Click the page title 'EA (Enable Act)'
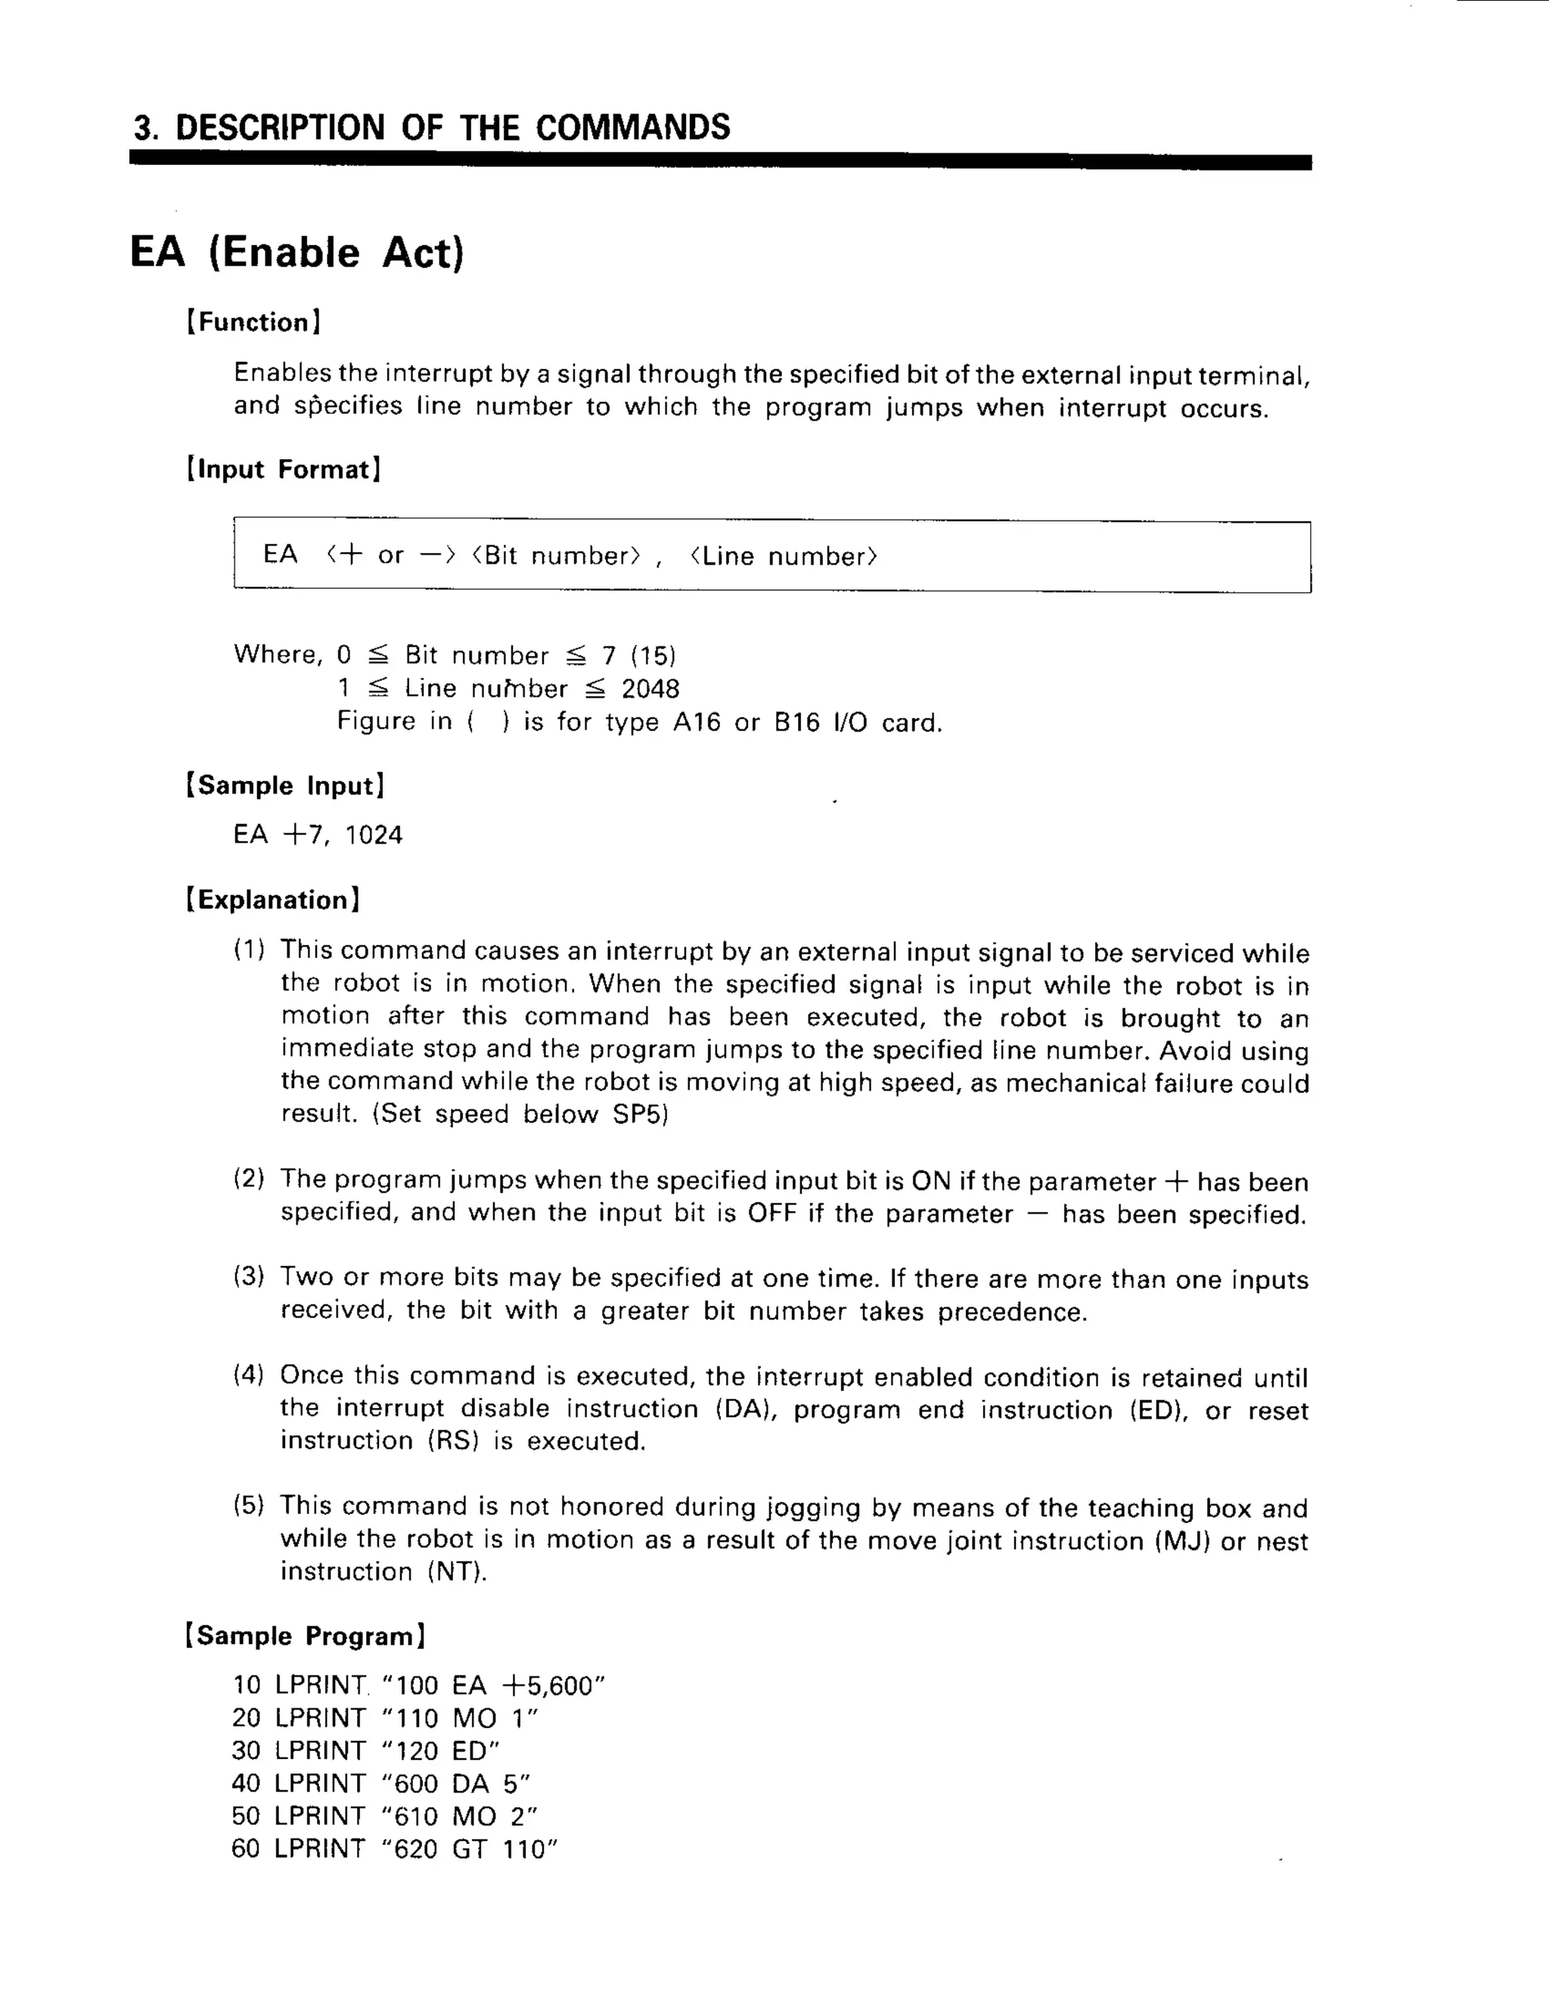point(296,253)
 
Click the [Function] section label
point(253,322)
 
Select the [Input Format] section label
point(284,469)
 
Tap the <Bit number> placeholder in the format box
point(556,555)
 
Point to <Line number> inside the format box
point(784,556)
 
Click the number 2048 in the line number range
point(650,689)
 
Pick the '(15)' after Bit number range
point(653,655)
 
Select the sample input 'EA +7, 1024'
point(318,835)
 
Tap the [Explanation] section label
point(272,900)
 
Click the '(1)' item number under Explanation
point(249,950)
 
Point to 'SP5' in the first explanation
point(636,1114)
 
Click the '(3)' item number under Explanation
point(249,1276)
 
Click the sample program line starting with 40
point(381,1783)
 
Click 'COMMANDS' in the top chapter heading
point(632,126)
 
